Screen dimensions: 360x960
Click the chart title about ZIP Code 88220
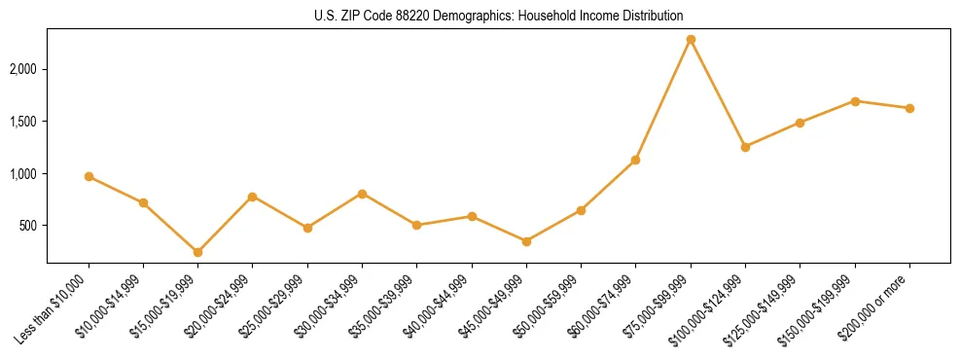480,16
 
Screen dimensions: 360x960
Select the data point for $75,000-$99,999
691,40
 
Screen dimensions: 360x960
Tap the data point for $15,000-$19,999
197,252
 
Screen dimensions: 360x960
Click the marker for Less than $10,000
89,176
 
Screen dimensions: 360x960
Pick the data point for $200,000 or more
909,108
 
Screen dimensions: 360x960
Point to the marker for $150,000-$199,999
855,101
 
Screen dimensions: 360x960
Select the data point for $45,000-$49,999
526,241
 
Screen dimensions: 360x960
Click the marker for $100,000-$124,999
745,147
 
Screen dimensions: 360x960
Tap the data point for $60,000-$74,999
635,160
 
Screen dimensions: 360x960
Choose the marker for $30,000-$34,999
362,194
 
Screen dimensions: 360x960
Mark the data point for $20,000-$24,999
252,197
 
